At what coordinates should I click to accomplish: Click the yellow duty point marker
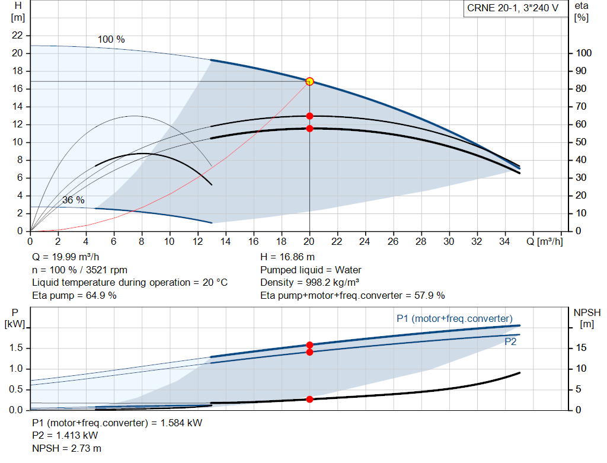click(309, 81)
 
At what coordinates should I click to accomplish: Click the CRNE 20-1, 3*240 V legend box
click(516, 8)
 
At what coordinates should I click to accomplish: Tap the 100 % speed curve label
click(111, 40)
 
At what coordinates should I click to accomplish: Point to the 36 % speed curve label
click(73, 200)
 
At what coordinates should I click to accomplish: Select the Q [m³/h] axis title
click(544, 241)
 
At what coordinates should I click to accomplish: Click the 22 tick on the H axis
click(17, 35)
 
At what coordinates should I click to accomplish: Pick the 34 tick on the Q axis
click(504, 241)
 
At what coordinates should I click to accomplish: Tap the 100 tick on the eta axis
click(583, 53)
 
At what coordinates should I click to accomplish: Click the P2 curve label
click(510, 342)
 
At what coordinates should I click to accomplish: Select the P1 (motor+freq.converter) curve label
click(455, 318)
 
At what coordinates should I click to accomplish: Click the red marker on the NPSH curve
click(309, 399)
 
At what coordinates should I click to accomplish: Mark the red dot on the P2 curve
click(309, 352)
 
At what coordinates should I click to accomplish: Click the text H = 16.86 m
click(287, 257)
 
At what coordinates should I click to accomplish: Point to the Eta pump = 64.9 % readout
click(74, 295)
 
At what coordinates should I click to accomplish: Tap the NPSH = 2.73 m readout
click(66, 448)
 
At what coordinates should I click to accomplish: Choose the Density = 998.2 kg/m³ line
click(309, 283)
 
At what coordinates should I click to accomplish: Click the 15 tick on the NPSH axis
click(581, 347)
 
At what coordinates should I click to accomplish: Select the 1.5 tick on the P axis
click(16, 347)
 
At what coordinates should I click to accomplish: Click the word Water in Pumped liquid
click(348, 270)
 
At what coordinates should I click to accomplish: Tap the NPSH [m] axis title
click(587, 318)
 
